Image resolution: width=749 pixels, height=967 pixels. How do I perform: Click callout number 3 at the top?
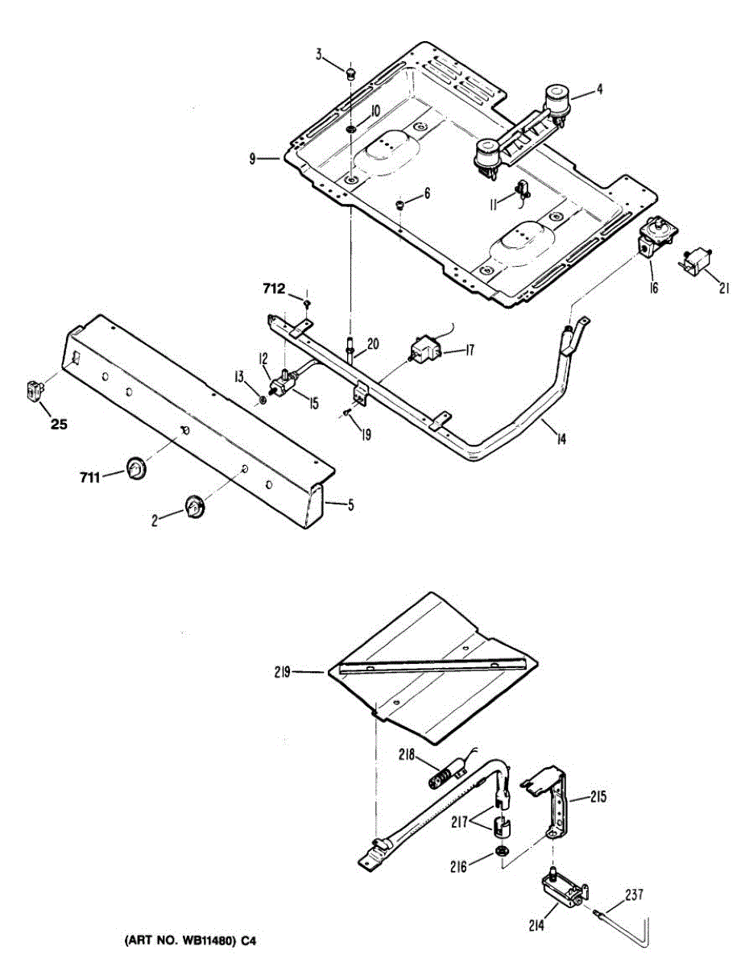point(319,56)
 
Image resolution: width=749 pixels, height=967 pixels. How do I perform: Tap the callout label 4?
point(599,90)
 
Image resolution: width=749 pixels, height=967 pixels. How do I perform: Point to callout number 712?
point(274,287)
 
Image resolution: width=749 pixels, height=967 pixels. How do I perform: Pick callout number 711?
point(89,479)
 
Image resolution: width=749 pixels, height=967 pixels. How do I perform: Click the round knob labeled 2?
point(195,507)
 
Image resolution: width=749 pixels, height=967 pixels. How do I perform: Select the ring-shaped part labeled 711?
point(135,467)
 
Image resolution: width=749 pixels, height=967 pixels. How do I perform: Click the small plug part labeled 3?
point(350,74)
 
